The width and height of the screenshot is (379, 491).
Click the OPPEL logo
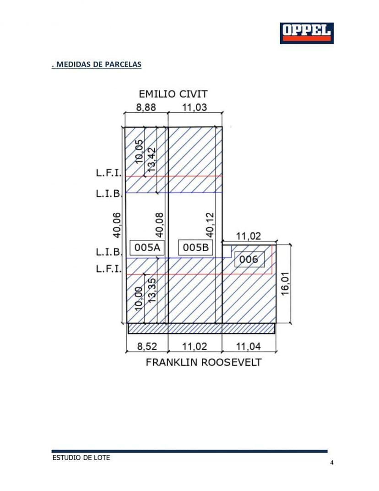pyautogui.click(x=307, y=33)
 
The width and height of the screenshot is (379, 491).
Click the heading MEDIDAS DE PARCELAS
pyautogui.click(x=97, y=65)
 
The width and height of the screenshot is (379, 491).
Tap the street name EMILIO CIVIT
pyautogui.click(x=173, y=94)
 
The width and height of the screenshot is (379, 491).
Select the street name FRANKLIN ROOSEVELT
pyautogui.click(x=204, y=362)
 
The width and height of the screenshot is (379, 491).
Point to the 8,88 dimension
pyautogui.click(x=146, y=107)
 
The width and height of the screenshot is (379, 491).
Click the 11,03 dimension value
pyautogui.click(x=195, y=107)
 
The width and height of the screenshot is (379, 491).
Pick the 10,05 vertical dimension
pyautogui.click(x=140, y=152)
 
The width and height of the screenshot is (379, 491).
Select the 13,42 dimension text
pyautogui.click(x=152, y=160)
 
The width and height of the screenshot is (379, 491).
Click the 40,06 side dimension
pyautogui.click(x=117, y=225)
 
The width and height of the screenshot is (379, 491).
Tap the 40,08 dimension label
pyautogui.click(x=159, y=225)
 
